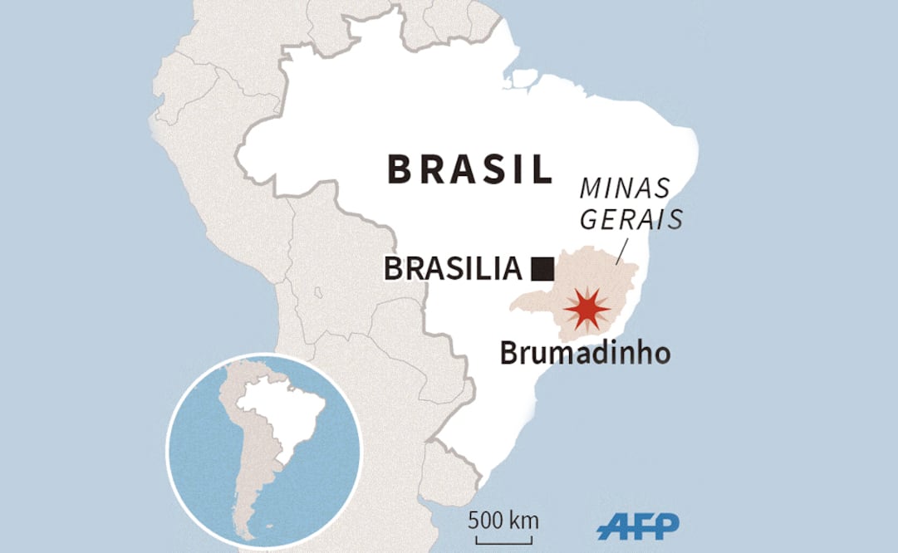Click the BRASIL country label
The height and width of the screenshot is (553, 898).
click(470, 169)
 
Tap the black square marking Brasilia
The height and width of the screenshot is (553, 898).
click(542, 268)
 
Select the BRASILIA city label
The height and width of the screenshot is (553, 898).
click(453, 269)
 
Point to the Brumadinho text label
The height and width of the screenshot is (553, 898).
click(584, 353)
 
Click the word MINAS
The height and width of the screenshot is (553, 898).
click(624, 188)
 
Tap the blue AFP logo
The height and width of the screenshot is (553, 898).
click(637, 526)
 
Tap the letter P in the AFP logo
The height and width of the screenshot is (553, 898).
click(665, 525)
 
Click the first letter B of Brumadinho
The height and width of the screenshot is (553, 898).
click(508, 353)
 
